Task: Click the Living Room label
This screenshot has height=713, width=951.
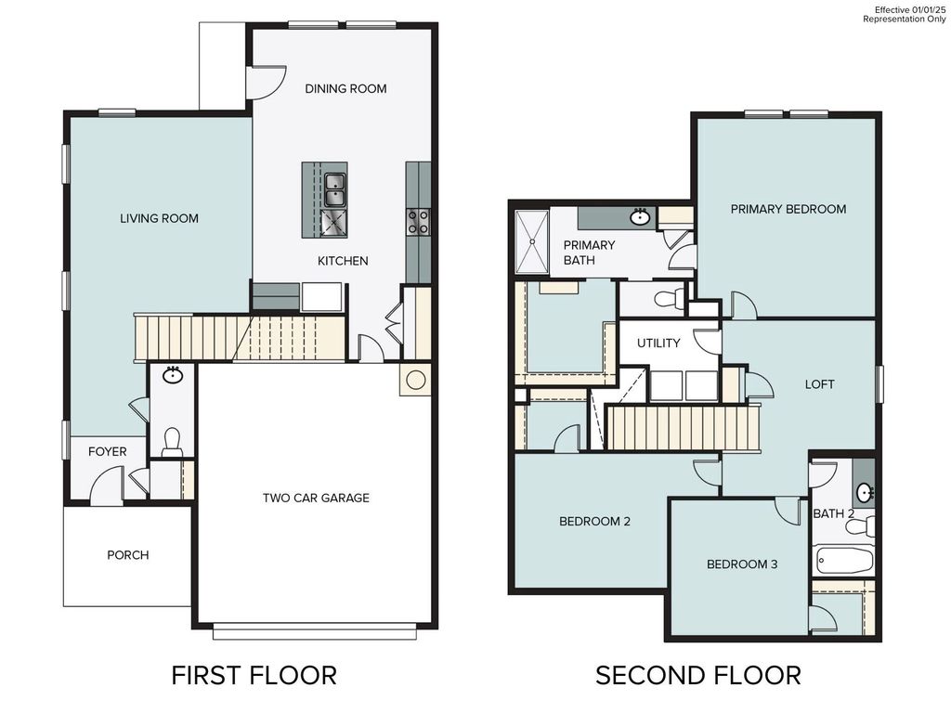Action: tap(159, 219)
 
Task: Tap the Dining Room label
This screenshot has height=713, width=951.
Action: tap(345, 89)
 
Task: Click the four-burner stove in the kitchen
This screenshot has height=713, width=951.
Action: tap(418, 221)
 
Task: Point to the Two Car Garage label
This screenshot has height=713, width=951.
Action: tap(316, 499)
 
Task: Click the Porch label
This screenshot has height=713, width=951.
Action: tap(128, 555)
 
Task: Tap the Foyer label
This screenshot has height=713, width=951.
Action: tap(108, 452)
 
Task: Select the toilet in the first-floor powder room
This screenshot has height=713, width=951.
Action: tap(172, 442)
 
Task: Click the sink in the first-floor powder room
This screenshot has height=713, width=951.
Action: tap(172, 375)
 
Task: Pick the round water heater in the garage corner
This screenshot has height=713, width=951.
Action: tap(415, 379)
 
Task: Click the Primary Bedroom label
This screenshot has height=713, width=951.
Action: tap(788, 209)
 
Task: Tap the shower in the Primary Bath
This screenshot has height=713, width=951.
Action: tap(532, 241)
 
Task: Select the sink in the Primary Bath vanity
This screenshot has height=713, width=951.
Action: tap(639, 218)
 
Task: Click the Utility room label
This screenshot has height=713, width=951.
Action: tap(658, 344)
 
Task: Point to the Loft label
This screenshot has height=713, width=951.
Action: tap(819, 384)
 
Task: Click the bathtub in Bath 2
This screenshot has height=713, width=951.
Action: tap(844, 560)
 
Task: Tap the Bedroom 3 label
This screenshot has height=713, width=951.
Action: tap(742, 564)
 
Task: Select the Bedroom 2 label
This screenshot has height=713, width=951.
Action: tap(594, 522)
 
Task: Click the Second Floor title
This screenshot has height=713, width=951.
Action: tap(697, 675)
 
